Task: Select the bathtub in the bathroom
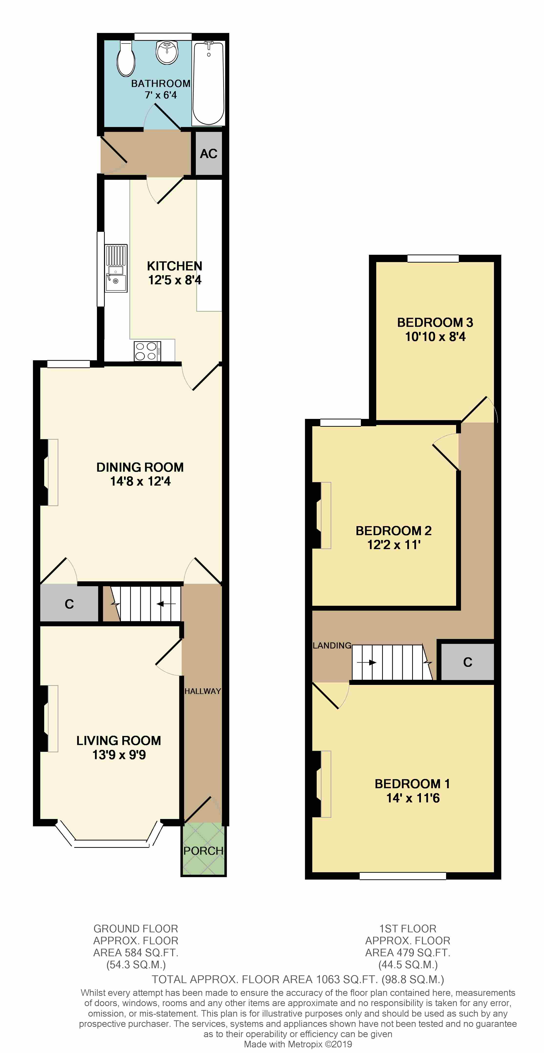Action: pos(209,83)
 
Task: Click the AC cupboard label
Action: pos(209,154)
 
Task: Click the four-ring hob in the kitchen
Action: pos(147,351)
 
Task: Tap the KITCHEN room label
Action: pos(175,266)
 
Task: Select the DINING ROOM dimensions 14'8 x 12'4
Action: pos(140,481)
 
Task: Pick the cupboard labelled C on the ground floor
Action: pos(69,604)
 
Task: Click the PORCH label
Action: pos(203,851)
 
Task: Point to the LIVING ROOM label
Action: pos(118,740)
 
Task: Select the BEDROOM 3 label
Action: pos(435,322)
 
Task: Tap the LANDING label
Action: pos(332,645)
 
